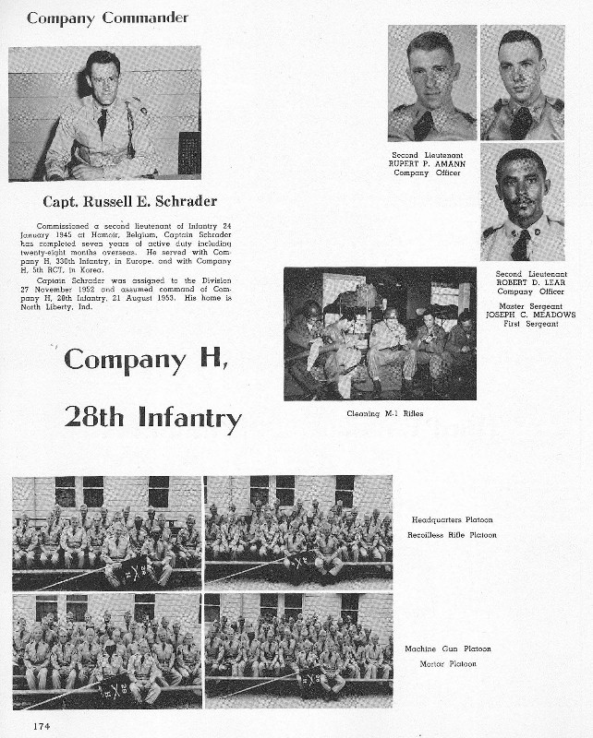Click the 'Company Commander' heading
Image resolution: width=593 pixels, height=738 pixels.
pos(107,18)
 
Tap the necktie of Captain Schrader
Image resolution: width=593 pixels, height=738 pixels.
pos(103,123)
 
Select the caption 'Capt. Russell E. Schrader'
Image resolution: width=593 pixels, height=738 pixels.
pos(129,201)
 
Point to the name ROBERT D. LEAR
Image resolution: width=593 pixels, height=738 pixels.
pos(523,283)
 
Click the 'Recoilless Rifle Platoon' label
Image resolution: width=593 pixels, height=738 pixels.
pos(452,535)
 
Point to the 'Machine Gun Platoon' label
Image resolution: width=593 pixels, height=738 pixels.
pos(447,649)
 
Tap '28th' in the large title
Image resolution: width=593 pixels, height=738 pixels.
pos(95,417)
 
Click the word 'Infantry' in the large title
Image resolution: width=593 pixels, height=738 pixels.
pos(189,418)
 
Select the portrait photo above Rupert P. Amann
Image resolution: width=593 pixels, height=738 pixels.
pos(431,83)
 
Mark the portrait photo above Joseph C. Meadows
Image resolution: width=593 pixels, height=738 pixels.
pos(522,202)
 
